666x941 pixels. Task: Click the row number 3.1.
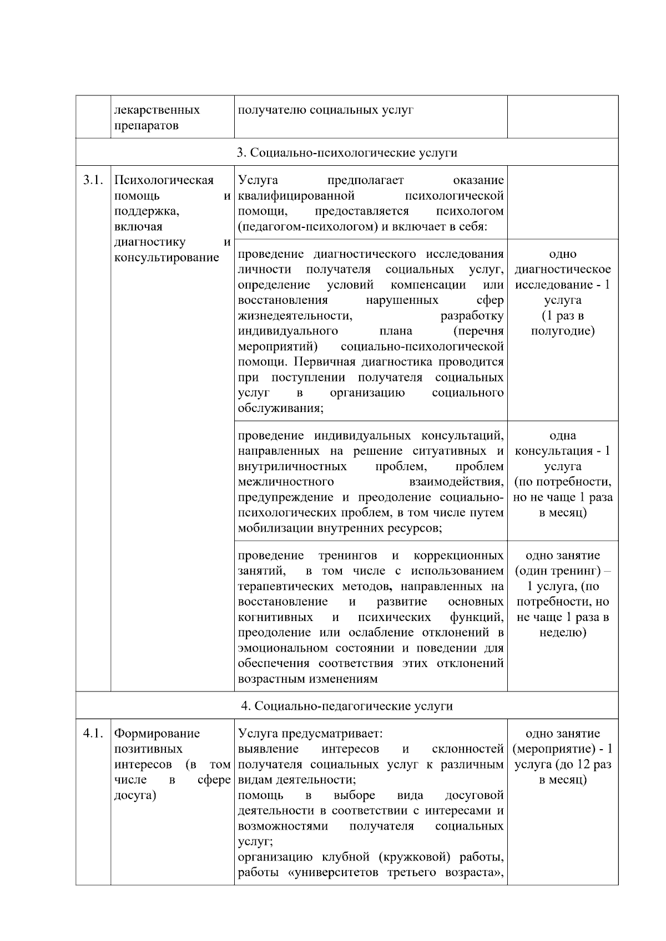(93, 180)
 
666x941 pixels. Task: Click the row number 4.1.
(93, 734)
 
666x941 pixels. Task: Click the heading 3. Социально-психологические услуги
(347, 152)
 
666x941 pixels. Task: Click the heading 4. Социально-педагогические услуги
(347, 706)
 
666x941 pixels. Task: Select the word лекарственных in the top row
(157, 110)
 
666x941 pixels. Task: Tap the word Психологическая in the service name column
(164, 180)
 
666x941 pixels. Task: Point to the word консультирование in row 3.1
(167, 258)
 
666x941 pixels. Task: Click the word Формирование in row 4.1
(157, 734)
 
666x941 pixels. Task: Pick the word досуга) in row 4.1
(135, 796)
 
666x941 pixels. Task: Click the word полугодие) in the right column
(563, 331)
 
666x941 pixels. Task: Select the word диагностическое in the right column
(563, 269)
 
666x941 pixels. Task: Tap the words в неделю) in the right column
(563, 633)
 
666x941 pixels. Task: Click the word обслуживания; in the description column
(281, 409)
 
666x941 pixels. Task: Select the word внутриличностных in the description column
(292, 466)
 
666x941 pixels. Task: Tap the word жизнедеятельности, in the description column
(295, 316)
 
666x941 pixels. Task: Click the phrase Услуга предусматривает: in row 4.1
(310, 734)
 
